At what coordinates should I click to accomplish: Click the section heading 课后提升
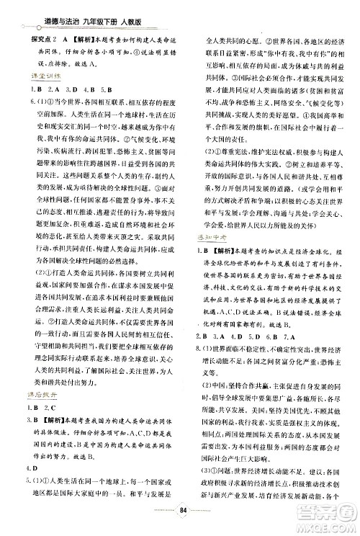[x=34, y=397]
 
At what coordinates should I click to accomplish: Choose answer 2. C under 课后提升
[x=52, y=411]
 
